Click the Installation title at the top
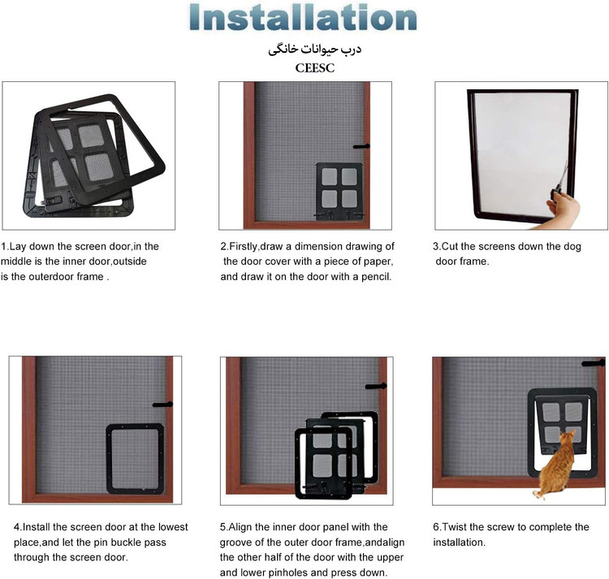click(303, 18)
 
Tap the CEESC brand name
click(314, 68)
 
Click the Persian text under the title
click(314, 50)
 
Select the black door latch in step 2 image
click(361, 146)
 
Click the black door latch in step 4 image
click(162, 404)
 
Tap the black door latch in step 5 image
click(376, 386)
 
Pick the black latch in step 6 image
click(593, 363)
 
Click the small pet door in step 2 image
click(339, 192)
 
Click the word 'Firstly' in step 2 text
click(244, 246)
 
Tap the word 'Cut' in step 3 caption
click(450, 246)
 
